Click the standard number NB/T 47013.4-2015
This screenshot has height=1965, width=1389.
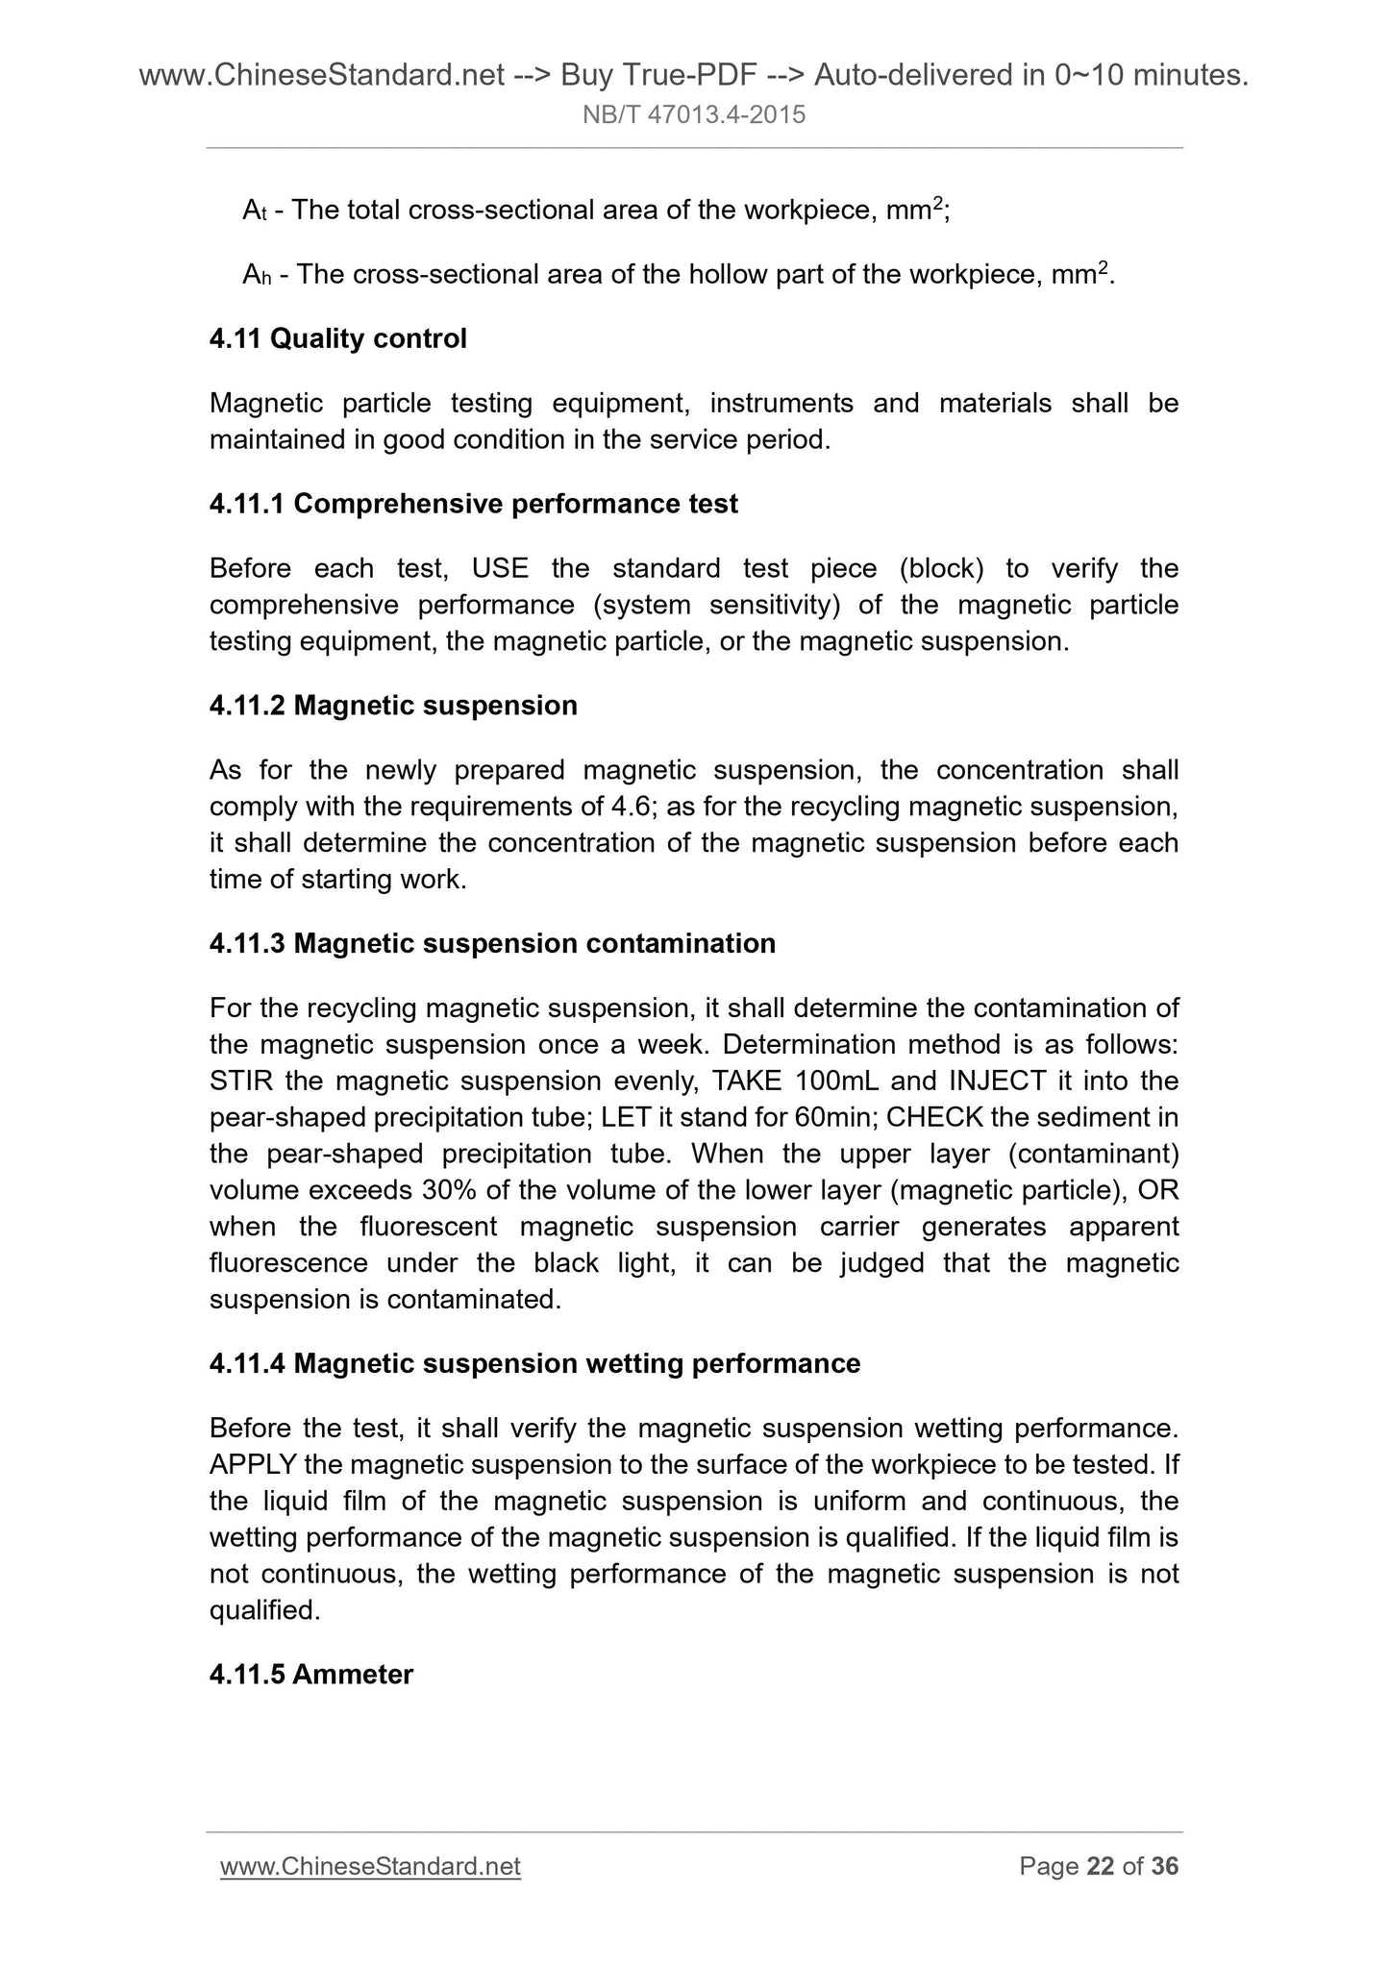pos(694,116)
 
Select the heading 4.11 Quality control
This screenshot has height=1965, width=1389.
pos(337,338)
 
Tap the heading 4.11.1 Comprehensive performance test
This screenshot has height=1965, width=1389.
pos(473,504)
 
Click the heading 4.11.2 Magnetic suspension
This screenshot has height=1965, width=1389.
pos(393,706)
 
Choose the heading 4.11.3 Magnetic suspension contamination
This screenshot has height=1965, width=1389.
pos(492,943)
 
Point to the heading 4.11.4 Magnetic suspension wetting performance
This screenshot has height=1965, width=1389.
pos(534,1363)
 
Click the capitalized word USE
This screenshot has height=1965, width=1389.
pos(500,568)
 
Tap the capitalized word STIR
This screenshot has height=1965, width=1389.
pos(241,1082)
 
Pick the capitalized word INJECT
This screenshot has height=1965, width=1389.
pos(997,1082)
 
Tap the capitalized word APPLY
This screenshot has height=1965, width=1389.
pos(253,1465)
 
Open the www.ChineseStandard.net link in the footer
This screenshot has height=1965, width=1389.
pos(370,1866)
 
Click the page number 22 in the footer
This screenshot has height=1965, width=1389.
pos(1100,1866)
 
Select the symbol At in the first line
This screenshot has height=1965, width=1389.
pos(253,211)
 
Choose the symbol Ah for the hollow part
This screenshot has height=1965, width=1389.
pos(256,276)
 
